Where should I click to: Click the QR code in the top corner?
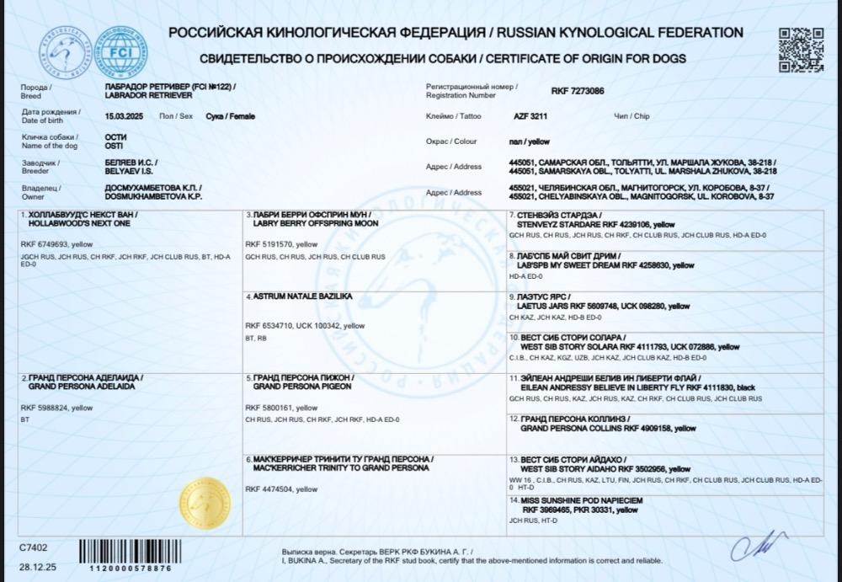[x=800, y=50]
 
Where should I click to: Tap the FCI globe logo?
[x=119, y=51]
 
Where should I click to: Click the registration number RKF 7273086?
[x=577, y=90]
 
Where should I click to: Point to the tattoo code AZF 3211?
[x=531, y=116]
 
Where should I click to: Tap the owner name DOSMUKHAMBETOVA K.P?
[x=152, y=196]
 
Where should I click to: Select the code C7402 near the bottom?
[x=35, y=547]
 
